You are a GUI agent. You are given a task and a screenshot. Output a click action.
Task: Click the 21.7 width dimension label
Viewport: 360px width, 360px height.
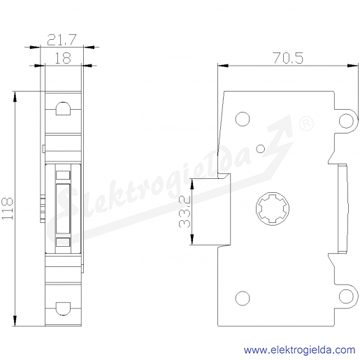[x=62, y=40]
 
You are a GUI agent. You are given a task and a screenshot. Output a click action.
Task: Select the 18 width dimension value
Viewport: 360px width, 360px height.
[x=62, y=58]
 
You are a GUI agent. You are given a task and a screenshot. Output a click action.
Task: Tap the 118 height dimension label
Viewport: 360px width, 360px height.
[x=8, y=208]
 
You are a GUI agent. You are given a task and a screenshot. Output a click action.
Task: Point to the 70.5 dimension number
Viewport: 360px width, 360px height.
[x=288, y=58]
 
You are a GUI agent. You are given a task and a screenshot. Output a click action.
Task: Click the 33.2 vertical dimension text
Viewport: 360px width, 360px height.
[x=185, y=212]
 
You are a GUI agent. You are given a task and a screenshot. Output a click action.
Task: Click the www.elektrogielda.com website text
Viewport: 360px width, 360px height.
[x=299, y=350]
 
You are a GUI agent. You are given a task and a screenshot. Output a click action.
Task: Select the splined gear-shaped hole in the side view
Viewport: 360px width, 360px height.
[x=273, y=209]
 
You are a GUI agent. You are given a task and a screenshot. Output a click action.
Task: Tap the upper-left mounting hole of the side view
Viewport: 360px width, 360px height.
[x=243, y=119]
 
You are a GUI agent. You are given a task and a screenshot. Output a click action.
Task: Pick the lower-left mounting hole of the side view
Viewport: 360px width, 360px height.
[x=243, y=298]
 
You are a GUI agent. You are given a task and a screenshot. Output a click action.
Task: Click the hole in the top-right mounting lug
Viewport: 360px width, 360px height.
[x=346, y=121]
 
